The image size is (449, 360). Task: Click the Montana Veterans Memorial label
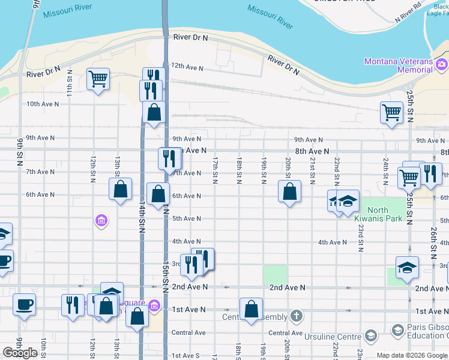pyautogui.click(x=398, y=65)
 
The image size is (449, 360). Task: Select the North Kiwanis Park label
pyautogui.click(x=385, y=214)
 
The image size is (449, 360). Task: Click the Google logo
pyautogui.click(x=20, y=353)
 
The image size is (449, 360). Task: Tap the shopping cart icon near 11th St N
pyautogui.click(x=98, y=78)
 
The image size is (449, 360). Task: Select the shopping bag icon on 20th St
pyautogui.click(x=289, y=191)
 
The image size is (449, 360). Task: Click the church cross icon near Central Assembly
pyautogui.click(x=296, y=316)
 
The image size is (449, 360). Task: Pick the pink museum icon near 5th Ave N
pyautogui.click(x=101, y=221)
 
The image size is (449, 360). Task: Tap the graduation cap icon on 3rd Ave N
pyautogui.click(x=407, y=268)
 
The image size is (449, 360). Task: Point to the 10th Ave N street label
pyautogui.click(x=43, y=104)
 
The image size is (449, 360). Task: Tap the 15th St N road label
pyautogui.click(x=165, y=273)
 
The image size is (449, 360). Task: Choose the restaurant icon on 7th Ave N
pyautogui.click(x=169, y=158)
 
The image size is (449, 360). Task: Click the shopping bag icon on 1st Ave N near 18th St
pyautogui.click(x=251, y=310)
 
